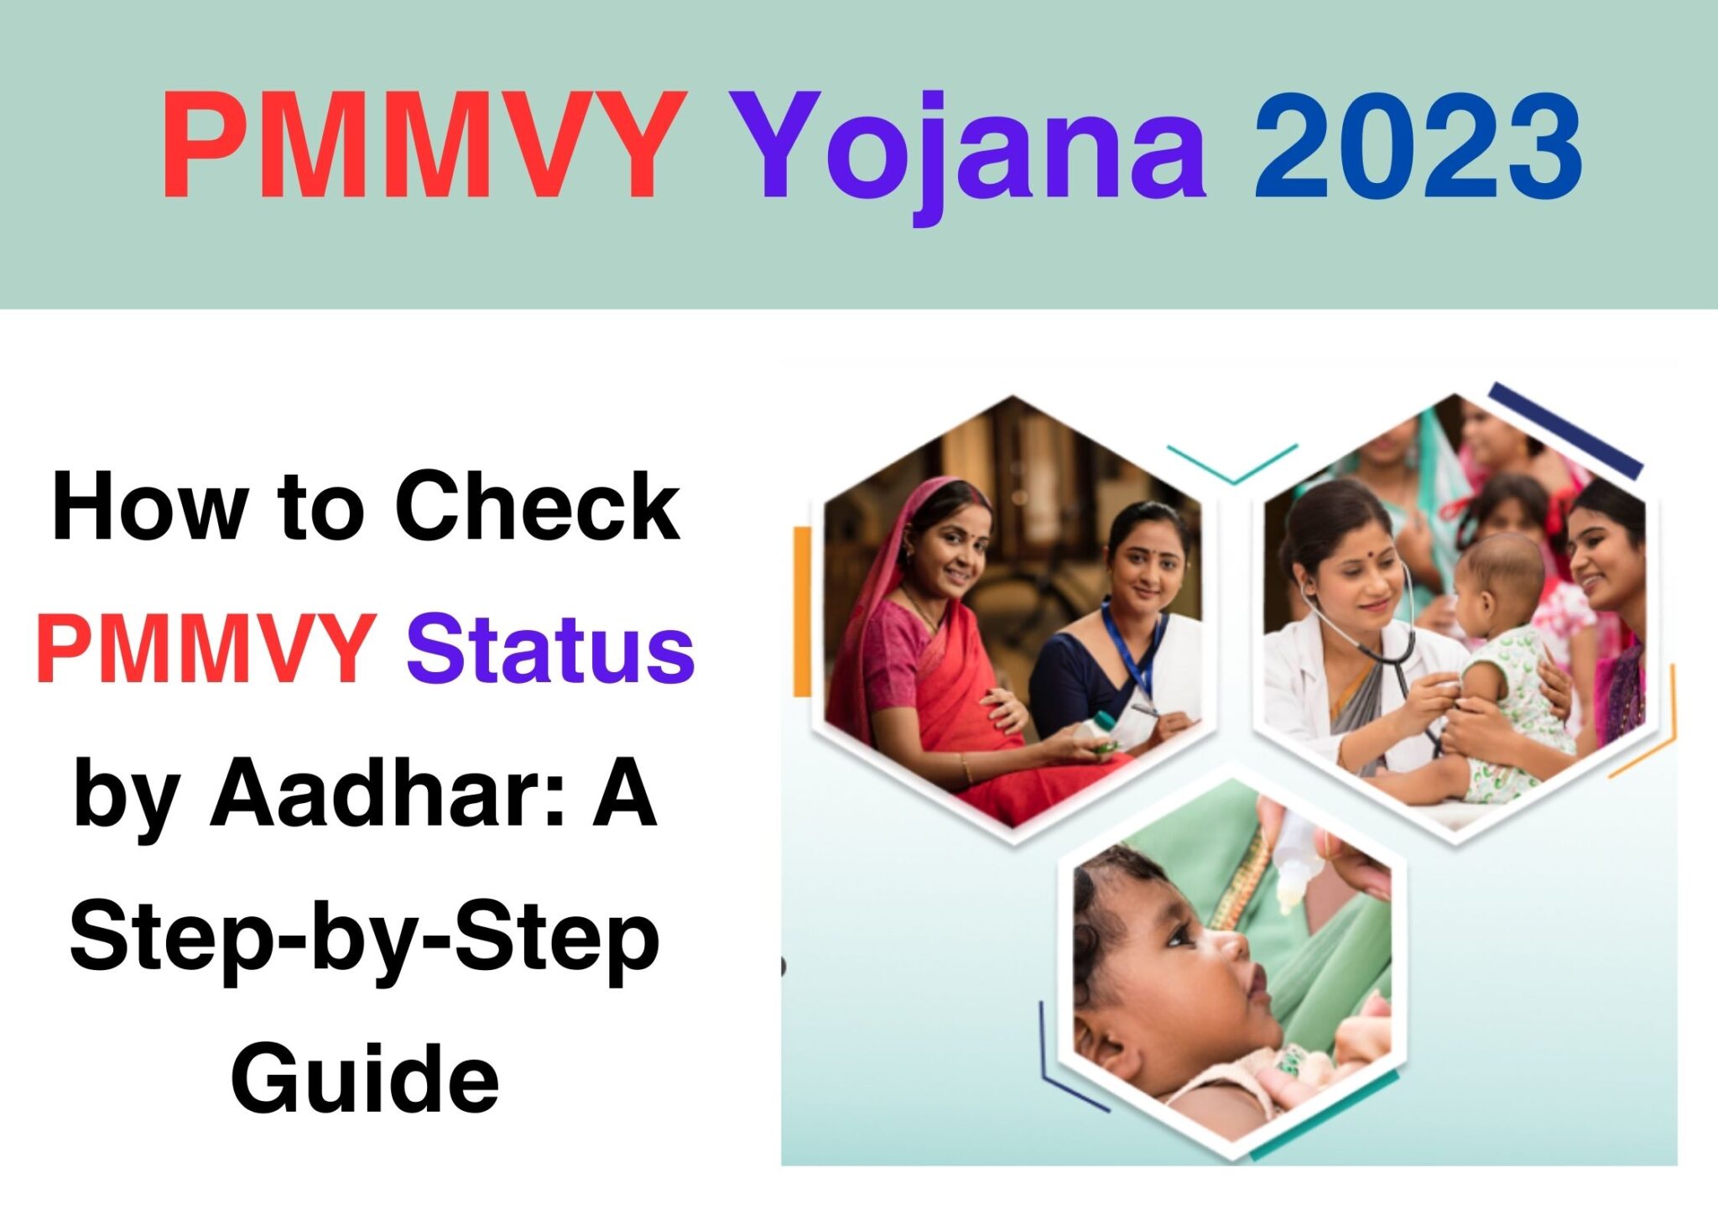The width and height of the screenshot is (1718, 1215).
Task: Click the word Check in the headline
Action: [x=538, y=507]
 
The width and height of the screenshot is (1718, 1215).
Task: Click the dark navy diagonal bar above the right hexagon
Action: [x=1565, y=430]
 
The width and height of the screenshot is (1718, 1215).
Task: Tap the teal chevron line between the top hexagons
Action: [x=1232, y=466]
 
